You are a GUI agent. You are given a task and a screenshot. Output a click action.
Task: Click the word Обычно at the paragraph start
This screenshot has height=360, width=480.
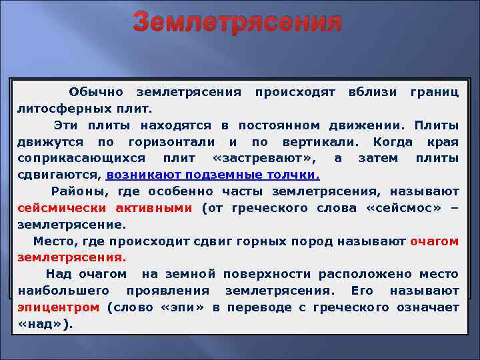coord(95,91)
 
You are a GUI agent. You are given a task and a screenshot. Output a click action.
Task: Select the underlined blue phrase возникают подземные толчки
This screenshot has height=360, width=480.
coord(213,175)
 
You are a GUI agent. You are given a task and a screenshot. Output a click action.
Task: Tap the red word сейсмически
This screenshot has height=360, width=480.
coord(55,208)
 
